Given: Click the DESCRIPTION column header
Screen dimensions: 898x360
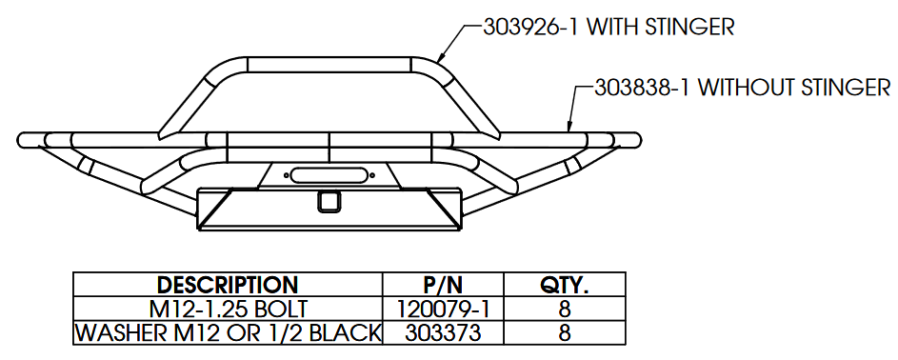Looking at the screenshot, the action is (228, 285).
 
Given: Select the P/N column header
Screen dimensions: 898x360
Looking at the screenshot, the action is (442, 285).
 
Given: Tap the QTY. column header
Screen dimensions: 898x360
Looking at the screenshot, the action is (565, 285).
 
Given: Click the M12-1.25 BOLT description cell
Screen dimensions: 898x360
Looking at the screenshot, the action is (228, 310).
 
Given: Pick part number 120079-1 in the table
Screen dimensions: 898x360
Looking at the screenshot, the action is (443, 310).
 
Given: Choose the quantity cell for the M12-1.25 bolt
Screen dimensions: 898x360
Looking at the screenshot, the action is (565, 310).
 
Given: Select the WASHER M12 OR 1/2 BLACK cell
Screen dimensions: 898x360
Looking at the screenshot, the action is (228, 333).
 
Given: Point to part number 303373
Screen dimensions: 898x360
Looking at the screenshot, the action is (443, 333).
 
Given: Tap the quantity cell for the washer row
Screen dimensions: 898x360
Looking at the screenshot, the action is (565, 333).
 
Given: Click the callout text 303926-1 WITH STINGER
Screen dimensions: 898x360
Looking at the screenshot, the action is (609, 27).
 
